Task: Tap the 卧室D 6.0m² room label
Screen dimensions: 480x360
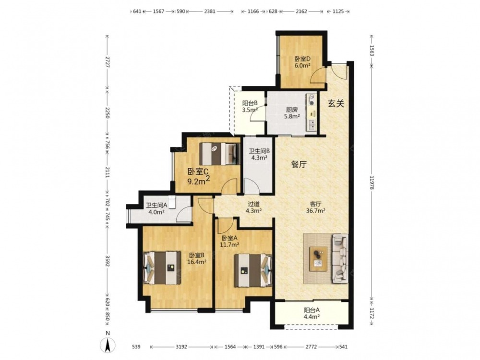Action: [302, 62]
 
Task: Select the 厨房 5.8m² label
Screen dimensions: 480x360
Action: [291, 113]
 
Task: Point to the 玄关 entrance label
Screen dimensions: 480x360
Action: [336, 104]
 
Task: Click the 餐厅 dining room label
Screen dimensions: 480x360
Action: [299, 164]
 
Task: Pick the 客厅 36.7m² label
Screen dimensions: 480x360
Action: [316, 207]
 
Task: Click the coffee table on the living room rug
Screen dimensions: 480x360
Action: [318, 259]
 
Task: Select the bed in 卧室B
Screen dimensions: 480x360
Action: [162, 267]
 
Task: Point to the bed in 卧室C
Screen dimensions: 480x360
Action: [218, 154]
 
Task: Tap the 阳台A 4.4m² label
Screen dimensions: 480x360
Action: [312, 313]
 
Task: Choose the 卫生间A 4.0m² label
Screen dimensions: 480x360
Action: [156, 208]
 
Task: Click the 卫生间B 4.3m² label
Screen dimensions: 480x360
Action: [259, 154]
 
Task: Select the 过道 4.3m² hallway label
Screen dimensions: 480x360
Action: [254, 207]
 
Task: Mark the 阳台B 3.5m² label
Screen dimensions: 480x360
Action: [250, 106]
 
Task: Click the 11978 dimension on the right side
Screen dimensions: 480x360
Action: [372, 183]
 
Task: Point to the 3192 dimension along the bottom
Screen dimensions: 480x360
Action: [181, 347]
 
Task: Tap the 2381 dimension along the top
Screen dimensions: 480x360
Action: [210, 12]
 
